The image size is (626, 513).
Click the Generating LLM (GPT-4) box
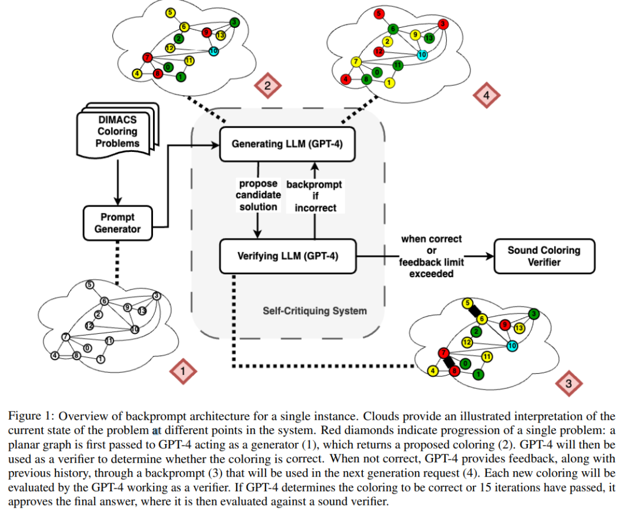point(287,143)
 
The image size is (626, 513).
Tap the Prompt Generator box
point(118,223)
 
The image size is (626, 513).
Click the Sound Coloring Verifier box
point(544,256)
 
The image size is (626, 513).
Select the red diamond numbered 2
point(267,86)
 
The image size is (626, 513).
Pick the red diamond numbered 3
point(568,383)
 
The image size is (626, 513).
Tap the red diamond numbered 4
point(486,96)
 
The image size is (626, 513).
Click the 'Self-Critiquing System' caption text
point(315,311)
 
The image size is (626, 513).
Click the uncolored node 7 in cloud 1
point(66,337)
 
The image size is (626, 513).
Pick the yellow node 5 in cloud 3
point(467,303)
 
